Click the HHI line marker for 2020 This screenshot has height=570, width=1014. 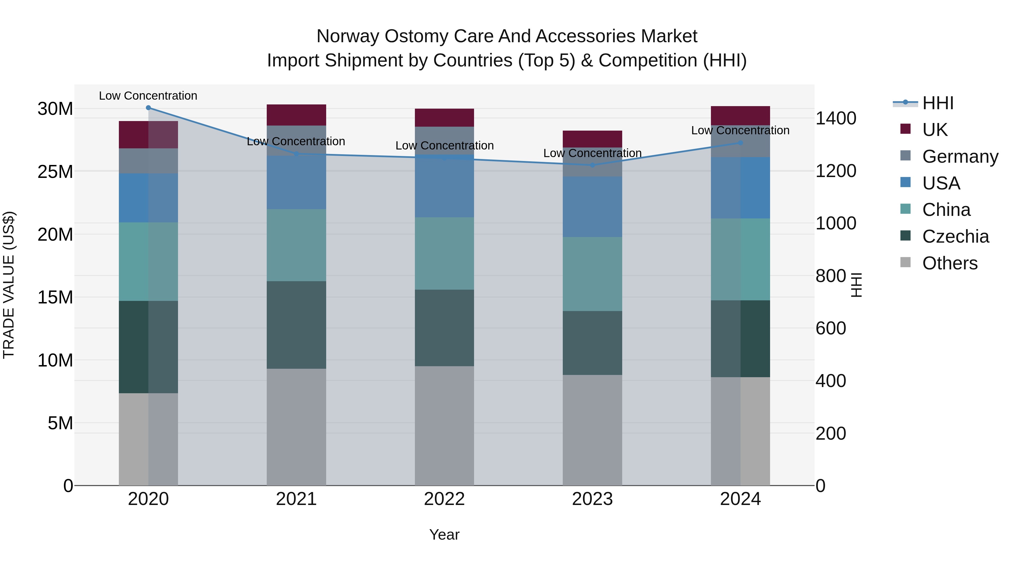click(x=148, y=108)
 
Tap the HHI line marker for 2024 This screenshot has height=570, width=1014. click(x=741, y=143)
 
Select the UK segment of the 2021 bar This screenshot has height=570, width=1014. click(x=296, y=115)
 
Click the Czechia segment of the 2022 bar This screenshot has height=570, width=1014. click(x=444, y=328)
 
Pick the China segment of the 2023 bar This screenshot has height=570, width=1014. click(x=592, y=274)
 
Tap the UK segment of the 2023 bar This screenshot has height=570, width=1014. click(x=592, y=139)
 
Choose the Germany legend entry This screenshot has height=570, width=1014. click(x=960, y=157)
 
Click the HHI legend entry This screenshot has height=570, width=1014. click(x=938, y=103)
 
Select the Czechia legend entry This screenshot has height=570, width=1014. click(x=955, y=236)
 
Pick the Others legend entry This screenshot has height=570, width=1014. click(x=949, y=263)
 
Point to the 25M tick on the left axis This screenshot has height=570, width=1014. click(x=55, y=171)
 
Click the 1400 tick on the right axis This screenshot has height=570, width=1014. click(x=835, y=119)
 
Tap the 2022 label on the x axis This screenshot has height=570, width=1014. click(x=444, y=499)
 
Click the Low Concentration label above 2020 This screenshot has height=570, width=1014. click(x=148, y=96)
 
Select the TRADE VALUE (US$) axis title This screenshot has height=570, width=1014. click(x=9, y=285)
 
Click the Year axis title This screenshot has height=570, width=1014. click(x=444, y=535)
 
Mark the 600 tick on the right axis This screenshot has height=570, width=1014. click(x=831, y=328)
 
